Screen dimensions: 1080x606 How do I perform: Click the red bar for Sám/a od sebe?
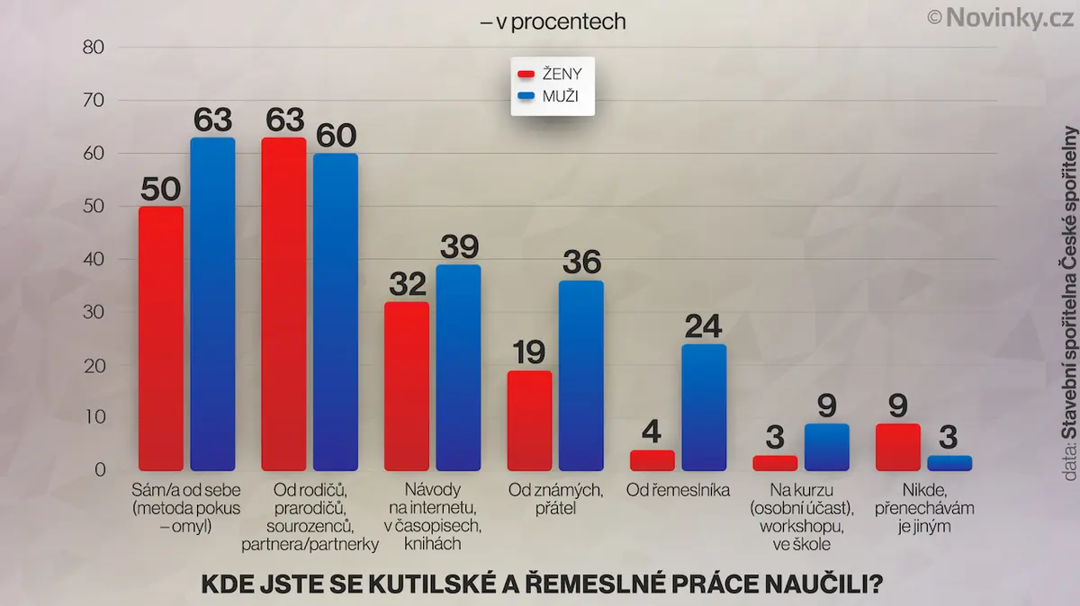tap(161, 339)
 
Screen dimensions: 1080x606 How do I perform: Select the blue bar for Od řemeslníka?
tap(704, 407)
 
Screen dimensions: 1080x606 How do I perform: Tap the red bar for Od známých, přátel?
tap(529, 421)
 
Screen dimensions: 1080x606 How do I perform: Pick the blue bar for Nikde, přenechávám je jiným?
tap(949, 463)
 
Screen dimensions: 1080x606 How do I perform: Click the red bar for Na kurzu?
tap(775, 463)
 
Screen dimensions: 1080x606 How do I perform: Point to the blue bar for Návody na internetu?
tap(458, 368)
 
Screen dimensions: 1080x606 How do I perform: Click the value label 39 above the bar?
tap(460, 246)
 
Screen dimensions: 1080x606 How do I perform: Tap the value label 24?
tap(704, 326)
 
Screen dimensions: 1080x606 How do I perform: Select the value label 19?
tap(529, 352)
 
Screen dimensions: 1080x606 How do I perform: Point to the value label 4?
tap(652, 432)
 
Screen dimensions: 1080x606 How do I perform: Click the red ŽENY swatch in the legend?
tap(526, 75)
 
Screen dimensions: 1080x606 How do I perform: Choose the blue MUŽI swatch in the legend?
tap(526, 96)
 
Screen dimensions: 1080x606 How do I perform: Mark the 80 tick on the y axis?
tap(94, 48)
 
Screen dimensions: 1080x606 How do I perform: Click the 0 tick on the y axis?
tap(100, 469)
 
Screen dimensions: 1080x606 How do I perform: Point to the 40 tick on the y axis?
tap(94, 259)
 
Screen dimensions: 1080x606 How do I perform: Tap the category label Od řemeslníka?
tap(678, 490)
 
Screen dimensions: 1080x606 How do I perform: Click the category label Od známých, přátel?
tap(555, 499)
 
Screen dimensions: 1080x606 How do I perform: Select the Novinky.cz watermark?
tap(1001, 18)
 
